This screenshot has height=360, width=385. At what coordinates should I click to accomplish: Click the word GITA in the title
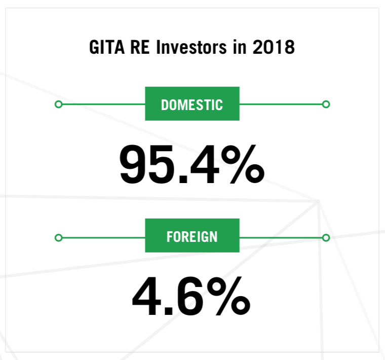107,47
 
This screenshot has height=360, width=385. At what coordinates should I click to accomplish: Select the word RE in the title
140,47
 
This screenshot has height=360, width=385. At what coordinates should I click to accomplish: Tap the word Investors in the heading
191,47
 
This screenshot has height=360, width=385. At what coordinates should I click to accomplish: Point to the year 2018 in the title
274,47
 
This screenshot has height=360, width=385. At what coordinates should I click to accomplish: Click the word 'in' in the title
240,47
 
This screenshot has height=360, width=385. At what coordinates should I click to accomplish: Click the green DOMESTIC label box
192,104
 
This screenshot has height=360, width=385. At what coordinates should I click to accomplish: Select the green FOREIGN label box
192,235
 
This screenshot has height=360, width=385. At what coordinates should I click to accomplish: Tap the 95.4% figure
192,164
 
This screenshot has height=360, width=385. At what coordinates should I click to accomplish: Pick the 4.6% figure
191,296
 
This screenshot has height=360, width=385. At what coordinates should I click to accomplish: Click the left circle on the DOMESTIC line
58,104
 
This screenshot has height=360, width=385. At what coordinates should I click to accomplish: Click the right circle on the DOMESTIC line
326,104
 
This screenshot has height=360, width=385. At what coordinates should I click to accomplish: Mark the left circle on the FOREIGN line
58,238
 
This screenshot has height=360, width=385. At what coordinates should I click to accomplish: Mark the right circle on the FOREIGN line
326,238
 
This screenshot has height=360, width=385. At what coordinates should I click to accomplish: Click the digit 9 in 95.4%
134,164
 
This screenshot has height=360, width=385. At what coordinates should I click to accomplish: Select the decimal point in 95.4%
183,179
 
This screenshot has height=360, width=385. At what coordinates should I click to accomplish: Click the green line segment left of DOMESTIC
104,104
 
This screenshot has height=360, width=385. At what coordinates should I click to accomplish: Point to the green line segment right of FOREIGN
281,238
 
